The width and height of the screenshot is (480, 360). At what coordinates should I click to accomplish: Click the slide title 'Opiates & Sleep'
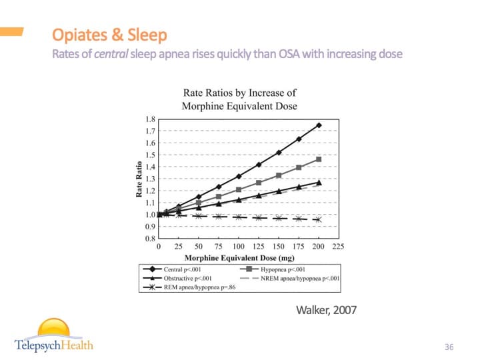tap(109, 34)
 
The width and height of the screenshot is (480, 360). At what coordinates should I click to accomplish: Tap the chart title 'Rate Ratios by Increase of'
tap(239, 93)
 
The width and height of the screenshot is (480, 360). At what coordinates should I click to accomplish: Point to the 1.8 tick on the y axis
tap(150, 119)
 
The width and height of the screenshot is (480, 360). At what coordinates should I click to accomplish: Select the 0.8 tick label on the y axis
tap(150, 239)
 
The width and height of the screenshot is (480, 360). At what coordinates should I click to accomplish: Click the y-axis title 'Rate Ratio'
tap(139, 179)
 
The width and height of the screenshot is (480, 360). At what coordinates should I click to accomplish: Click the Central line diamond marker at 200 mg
tap(319, 125)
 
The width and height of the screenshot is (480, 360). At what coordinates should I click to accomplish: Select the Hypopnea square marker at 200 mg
tap(319, 159)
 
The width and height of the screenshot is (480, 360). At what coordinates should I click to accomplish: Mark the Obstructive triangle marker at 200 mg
tap(319, 182)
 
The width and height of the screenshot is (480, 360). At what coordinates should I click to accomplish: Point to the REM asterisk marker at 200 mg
tap(319, 219)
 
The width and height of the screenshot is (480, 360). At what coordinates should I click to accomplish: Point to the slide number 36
tap(449, 347)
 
